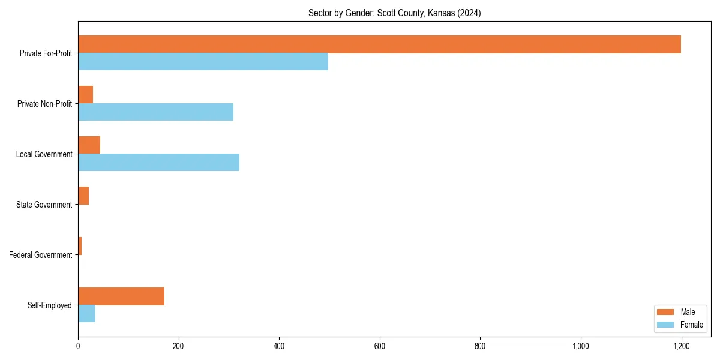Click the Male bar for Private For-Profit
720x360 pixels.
379,44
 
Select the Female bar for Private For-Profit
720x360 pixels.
203,62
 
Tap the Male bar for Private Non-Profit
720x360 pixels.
85,95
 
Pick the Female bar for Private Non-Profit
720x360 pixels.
155,112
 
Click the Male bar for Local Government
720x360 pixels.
89,145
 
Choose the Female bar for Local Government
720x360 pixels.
158,163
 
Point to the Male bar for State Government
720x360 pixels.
83,196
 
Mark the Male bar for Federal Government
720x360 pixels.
80,246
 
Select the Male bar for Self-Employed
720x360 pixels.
121,296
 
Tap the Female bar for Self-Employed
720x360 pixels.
86,314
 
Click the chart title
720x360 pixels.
394,13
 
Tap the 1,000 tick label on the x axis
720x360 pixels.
580,346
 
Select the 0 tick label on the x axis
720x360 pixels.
78,346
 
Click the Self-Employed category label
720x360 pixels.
49,305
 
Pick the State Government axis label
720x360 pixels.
44,205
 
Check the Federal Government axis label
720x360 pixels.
40,255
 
